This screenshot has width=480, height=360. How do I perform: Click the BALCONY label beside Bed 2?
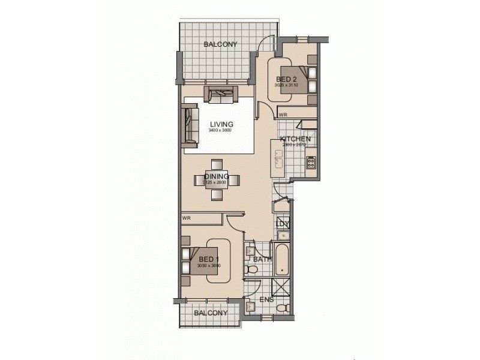point(220,44)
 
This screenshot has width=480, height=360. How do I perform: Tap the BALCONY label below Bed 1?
point(210,313)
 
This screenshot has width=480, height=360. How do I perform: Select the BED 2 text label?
point(286,79)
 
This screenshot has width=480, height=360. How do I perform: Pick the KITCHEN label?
point(295,139)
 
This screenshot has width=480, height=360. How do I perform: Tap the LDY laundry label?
point(283,224)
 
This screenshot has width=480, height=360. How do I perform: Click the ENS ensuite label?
point(266,299)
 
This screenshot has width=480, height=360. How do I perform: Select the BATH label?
point(262,260)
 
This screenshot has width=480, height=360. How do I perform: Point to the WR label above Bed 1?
point(186,218)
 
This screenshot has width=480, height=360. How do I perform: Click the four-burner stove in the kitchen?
point(311,161)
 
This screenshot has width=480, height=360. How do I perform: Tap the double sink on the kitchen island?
point(278,158)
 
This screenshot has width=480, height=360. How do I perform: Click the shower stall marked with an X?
point(280,287)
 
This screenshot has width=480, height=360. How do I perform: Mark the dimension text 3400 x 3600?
point(220,131)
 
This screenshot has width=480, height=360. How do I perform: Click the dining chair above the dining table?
point(217,164)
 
